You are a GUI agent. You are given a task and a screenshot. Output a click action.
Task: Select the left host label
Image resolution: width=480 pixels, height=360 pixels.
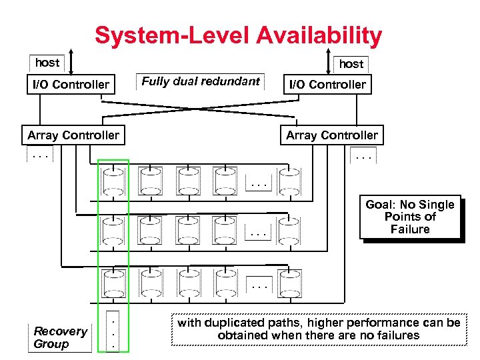click(x=47, y=63)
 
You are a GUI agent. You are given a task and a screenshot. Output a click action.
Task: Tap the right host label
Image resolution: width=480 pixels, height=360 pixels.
click(x=351, y=64)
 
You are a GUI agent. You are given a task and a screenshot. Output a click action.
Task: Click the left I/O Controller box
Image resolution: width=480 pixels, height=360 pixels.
click(x=71, y=85)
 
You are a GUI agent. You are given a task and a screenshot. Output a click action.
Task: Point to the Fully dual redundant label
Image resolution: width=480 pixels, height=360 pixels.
click(x=201, y=81)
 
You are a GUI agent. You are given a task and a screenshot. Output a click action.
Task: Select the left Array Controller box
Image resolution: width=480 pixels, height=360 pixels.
click(x=73, y=135)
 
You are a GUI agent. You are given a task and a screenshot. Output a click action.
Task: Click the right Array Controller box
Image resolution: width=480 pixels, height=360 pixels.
click(x=332, y=135)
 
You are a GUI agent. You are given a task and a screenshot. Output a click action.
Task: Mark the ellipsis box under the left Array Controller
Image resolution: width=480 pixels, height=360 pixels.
click(x=40, y=157)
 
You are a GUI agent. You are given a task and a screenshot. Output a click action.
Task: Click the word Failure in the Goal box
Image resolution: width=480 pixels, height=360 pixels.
click(x=410, y=229)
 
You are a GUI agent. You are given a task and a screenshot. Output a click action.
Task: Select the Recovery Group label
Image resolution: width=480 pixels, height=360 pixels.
click(x=60, y=337)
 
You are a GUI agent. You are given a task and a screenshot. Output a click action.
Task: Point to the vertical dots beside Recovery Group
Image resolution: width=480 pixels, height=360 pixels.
click(x=113, y=331)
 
